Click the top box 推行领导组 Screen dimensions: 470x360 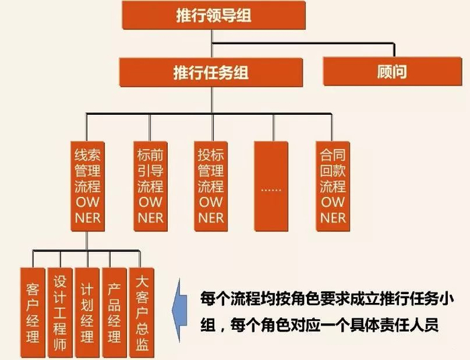point(211,15)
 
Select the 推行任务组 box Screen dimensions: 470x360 point(210,72)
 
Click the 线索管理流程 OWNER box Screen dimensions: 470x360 point(88,185)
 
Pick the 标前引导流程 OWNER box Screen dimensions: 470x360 point(150,185)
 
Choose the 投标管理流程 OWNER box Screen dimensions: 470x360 point(211,185)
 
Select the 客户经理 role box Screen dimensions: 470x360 point(33,312)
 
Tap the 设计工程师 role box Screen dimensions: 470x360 point(60,312)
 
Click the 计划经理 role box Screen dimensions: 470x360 point(87,312)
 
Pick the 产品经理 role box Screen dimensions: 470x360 point(115,312)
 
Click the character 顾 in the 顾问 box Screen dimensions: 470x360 point(385,72)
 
